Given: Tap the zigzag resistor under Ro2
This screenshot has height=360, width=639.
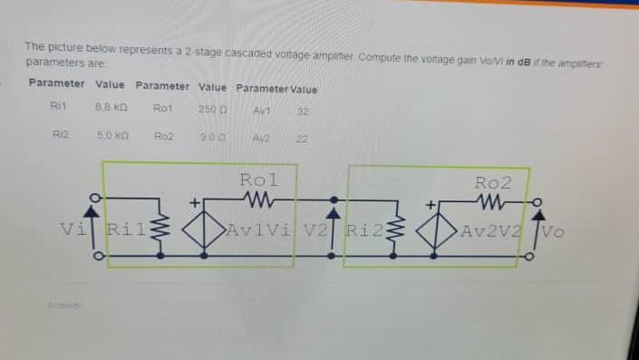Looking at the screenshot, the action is tap(495, 199).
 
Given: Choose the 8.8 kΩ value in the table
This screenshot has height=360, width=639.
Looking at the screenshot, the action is tap(110, 107).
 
